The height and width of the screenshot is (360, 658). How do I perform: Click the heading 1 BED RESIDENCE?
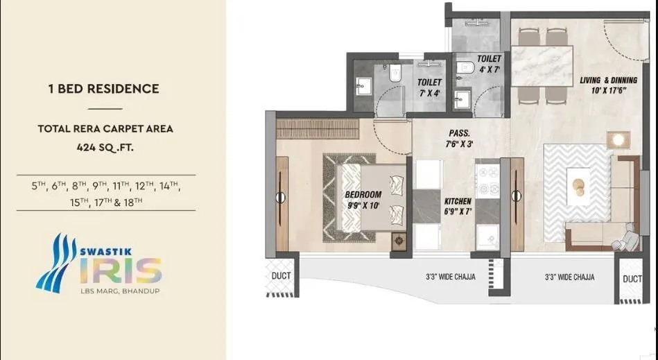point(103,89)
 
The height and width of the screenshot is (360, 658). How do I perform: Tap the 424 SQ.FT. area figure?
point(103,147)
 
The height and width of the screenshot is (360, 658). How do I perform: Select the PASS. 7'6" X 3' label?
point(459,137)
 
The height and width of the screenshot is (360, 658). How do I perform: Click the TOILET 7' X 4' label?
point(429,86)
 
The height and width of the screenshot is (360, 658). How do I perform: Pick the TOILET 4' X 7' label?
point(488,65)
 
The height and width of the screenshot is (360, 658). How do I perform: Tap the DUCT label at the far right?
point(632,278)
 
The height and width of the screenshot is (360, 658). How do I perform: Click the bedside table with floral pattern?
point(399,241)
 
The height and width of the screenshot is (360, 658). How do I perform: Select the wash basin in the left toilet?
point(363,85)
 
